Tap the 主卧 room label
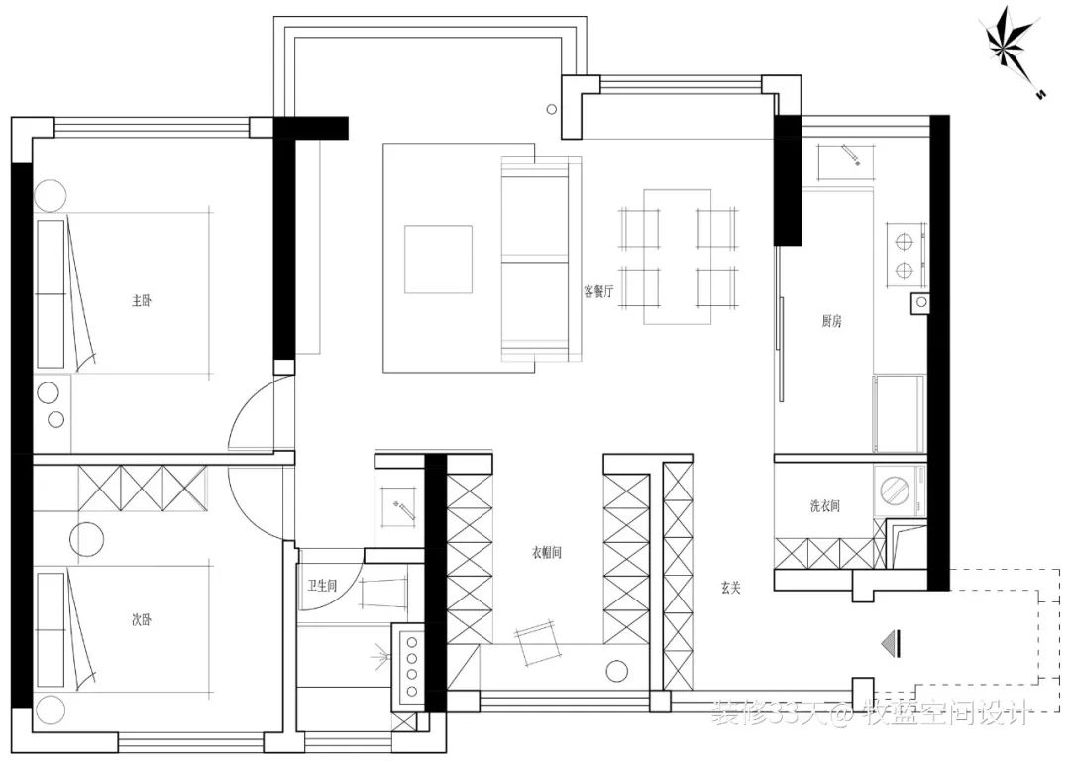pos(142,300)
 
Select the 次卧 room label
pos(142,620)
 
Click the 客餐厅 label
pos(599,291)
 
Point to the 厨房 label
pos(831,321)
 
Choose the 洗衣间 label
pos(824,506)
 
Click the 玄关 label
pos(731,587)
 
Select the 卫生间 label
pos(322,586)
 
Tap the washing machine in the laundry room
pos(898,490)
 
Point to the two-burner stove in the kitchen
pos(903,254)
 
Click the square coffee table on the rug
pos(438,259)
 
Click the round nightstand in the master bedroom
pos(48,195)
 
